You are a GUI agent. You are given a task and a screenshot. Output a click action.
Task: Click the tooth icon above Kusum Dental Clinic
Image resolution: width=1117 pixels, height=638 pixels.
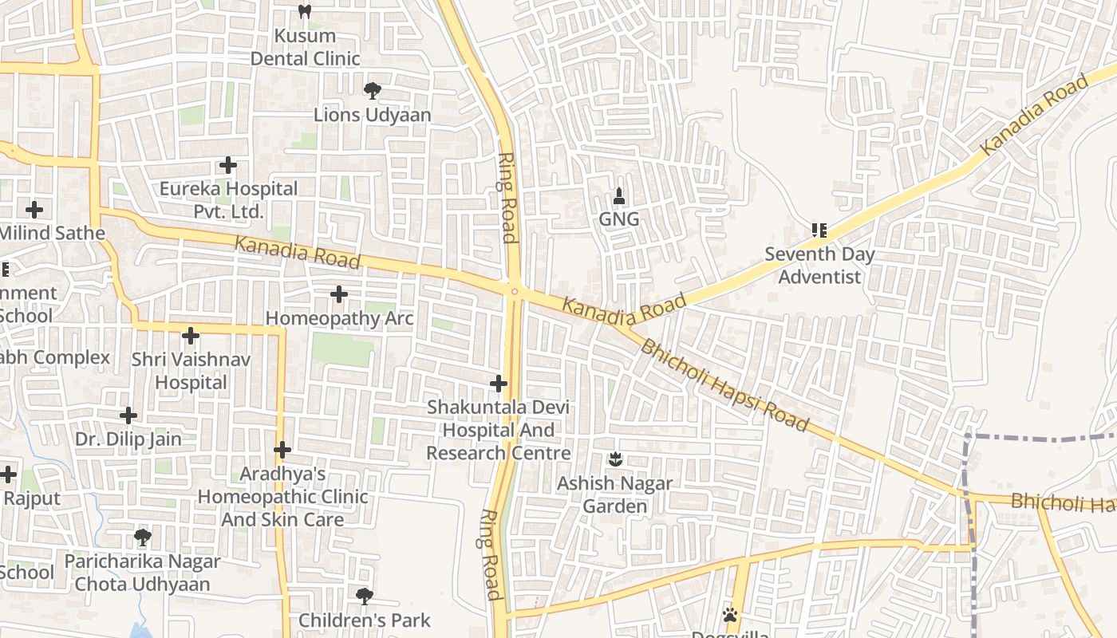click(x=304, y=12)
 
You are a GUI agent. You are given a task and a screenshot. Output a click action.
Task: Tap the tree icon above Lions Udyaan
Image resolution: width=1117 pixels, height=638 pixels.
click(x=372, y=91)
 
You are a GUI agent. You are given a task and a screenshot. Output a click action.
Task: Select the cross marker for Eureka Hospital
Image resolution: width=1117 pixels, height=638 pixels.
click(x=228, y=165)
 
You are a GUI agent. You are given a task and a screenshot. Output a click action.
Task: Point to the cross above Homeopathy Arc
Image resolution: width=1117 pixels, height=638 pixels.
click(x=339, y=294)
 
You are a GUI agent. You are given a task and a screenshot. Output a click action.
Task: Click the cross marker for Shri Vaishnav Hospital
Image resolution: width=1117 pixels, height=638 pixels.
click(x=190, y=336)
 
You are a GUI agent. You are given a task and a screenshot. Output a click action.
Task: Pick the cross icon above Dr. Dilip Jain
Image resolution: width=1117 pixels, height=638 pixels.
click(x=128, y=415)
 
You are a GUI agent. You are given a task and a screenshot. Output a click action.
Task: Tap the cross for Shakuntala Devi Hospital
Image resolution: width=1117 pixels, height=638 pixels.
click(x=499, y=384)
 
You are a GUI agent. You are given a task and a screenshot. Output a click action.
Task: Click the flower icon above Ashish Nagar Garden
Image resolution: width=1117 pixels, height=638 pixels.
click(x=615, y=459)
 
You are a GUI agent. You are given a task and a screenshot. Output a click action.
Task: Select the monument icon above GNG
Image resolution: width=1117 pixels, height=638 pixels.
click(x=619, y=195)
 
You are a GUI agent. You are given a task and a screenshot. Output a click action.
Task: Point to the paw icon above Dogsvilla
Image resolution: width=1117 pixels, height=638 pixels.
click(x=729, y=615)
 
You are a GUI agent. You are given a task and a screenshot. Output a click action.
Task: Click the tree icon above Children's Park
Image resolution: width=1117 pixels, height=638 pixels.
click(x=364, y=596)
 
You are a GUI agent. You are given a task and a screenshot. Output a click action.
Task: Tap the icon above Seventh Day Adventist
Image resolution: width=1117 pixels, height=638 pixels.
click(x=819, y=230)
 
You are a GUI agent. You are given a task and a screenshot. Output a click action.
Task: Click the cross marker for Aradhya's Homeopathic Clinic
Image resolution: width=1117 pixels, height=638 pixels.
click(x=282, y=451)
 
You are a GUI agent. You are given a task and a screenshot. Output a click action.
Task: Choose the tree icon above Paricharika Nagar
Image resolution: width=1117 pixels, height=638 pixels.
click(x=143, y=538)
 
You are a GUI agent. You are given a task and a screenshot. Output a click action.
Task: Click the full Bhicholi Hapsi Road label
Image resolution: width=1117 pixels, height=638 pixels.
click(x=724, y=384)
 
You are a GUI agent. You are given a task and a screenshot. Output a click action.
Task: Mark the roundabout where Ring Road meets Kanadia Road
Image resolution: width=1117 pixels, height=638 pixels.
click(x=515, y=291)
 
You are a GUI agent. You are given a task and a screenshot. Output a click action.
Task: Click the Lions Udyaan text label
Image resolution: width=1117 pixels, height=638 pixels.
click(x=372, y=115)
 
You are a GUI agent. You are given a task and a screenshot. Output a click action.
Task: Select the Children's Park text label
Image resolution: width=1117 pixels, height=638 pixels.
click(x=365, y=620)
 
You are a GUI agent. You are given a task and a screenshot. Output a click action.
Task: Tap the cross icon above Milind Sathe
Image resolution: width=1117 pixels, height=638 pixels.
click(x=34, y=210)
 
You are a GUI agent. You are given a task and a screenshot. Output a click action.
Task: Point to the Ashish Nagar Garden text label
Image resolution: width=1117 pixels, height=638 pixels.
click(x=614, y=494)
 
